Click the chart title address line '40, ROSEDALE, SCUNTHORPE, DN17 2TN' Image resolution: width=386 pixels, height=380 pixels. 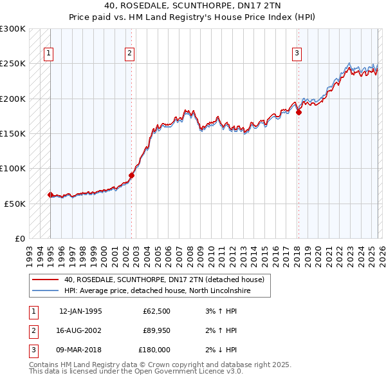click(192, 6)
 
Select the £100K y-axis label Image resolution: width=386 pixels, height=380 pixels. click(14, 168)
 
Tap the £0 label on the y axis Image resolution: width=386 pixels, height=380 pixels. click(20, 238)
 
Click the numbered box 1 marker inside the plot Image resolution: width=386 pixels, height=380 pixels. click(49, 53)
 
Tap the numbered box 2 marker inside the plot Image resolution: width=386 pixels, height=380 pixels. click(130, 53)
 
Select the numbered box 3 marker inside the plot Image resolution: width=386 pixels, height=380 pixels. click(297, 53)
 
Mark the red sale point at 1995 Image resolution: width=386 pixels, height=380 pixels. click(50, 195)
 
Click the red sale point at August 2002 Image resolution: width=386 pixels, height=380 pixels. click(131, 175)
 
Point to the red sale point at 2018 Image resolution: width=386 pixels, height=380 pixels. click(299, 112)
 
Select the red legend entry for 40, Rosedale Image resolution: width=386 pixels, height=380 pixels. click(164, 280)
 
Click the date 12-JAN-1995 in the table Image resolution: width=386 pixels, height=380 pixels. click(80, 311)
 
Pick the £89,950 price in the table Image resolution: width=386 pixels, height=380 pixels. click(156, 330)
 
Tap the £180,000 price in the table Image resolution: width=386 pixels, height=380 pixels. click(154, 350)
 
